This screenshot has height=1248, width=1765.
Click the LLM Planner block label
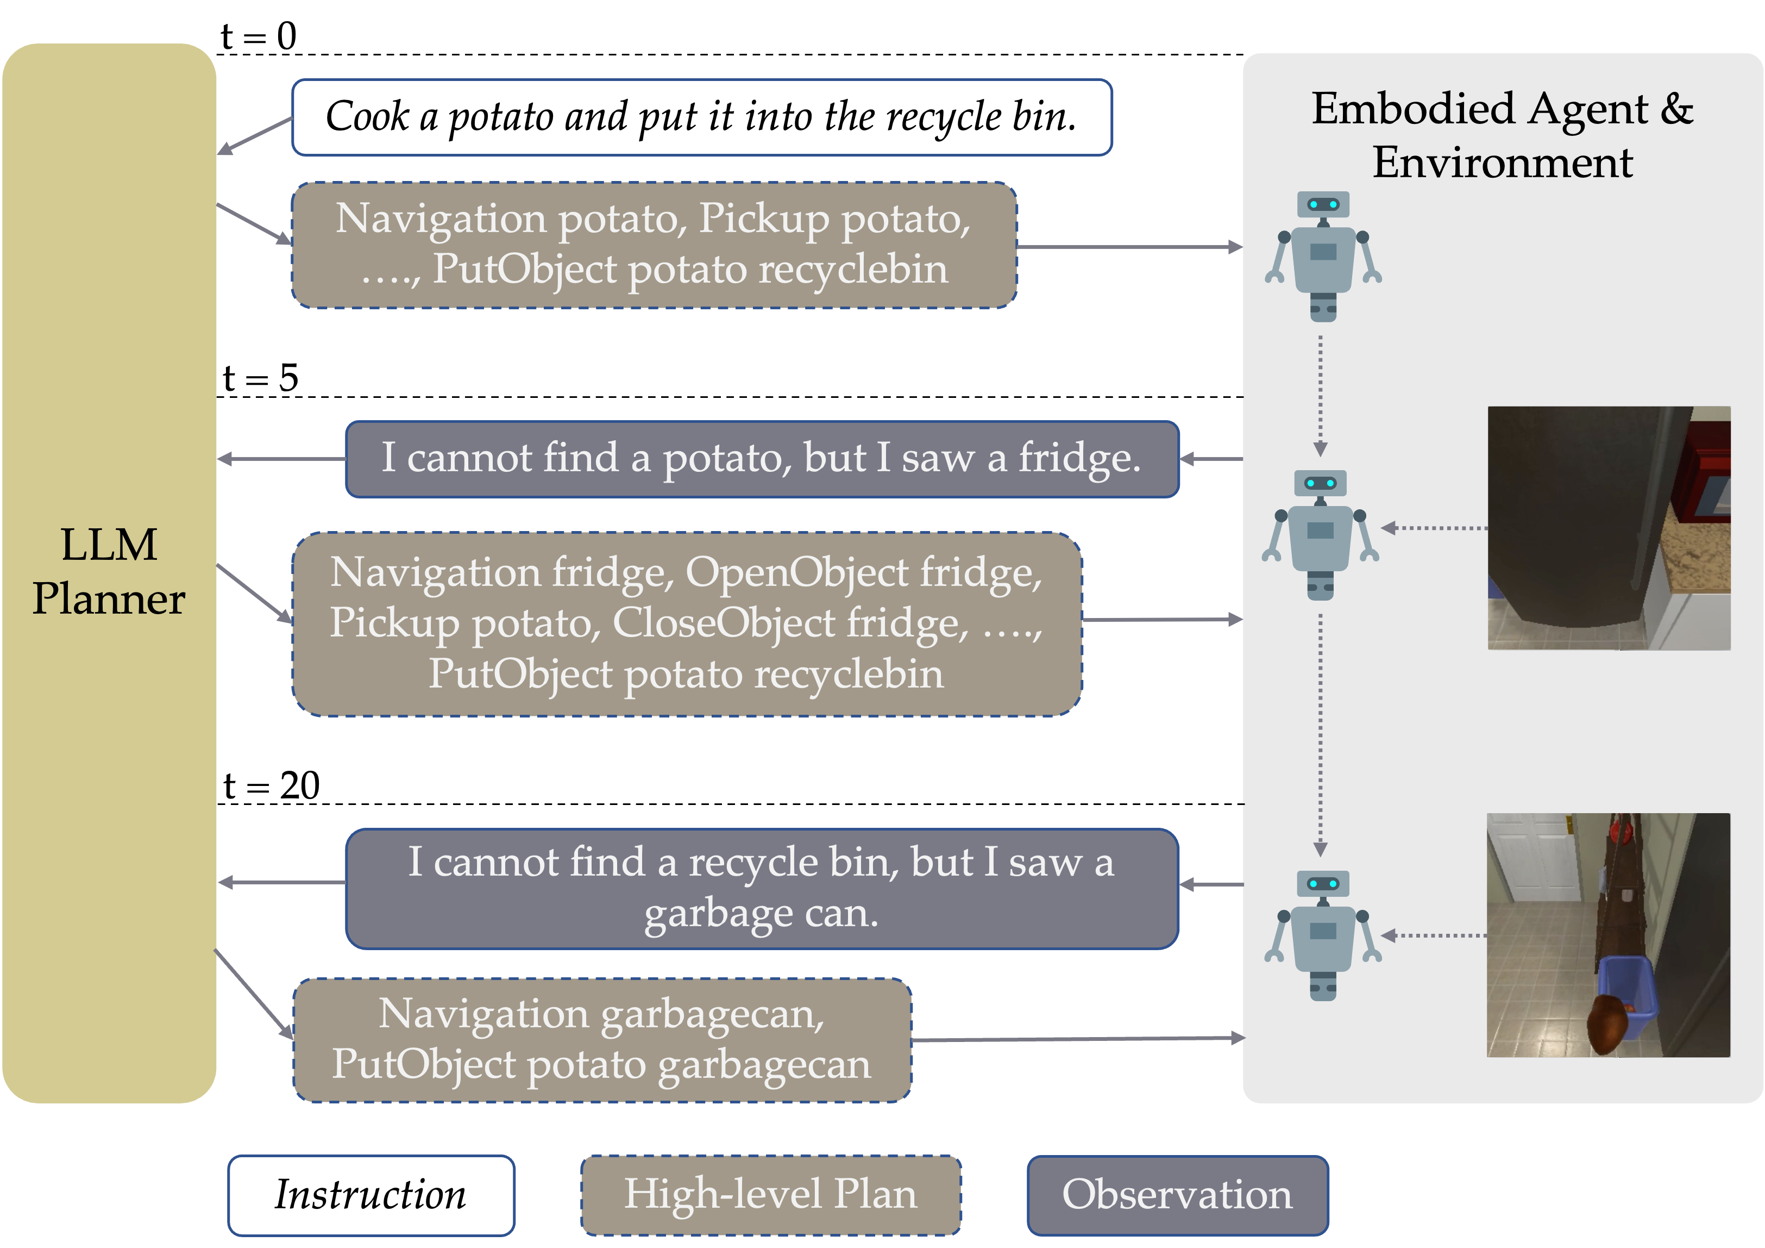click(109, 571)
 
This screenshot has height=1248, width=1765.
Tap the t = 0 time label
click(258, 35)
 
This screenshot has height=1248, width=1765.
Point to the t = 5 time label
click(260, 378)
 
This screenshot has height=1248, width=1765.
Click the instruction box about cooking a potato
click(702, 117)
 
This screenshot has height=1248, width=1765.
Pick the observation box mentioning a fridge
click(762, 459)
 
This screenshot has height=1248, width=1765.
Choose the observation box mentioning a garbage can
click(762, 888)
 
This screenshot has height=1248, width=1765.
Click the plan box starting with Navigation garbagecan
click(602, 1040)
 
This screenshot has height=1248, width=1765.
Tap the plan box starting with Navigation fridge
click(687, 623)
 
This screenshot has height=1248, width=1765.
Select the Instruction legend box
click(371, 1195)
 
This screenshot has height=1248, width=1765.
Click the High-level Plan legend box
click(770, 1195)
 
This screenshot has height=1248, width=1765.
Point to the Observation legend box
click(1178, 1195)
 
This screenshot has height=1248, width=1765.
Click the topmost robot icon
click(1323, 256)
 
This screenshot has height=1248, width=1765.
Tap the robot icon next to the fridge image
click(1320, 534)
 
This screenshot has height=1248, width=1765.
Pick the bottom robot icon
click(1323, 935)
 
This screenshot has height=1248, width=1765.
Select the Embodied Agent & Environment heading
click(1502, 135)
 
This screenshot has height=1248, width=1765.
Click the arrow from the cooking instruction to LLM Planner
click(254, 136)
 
